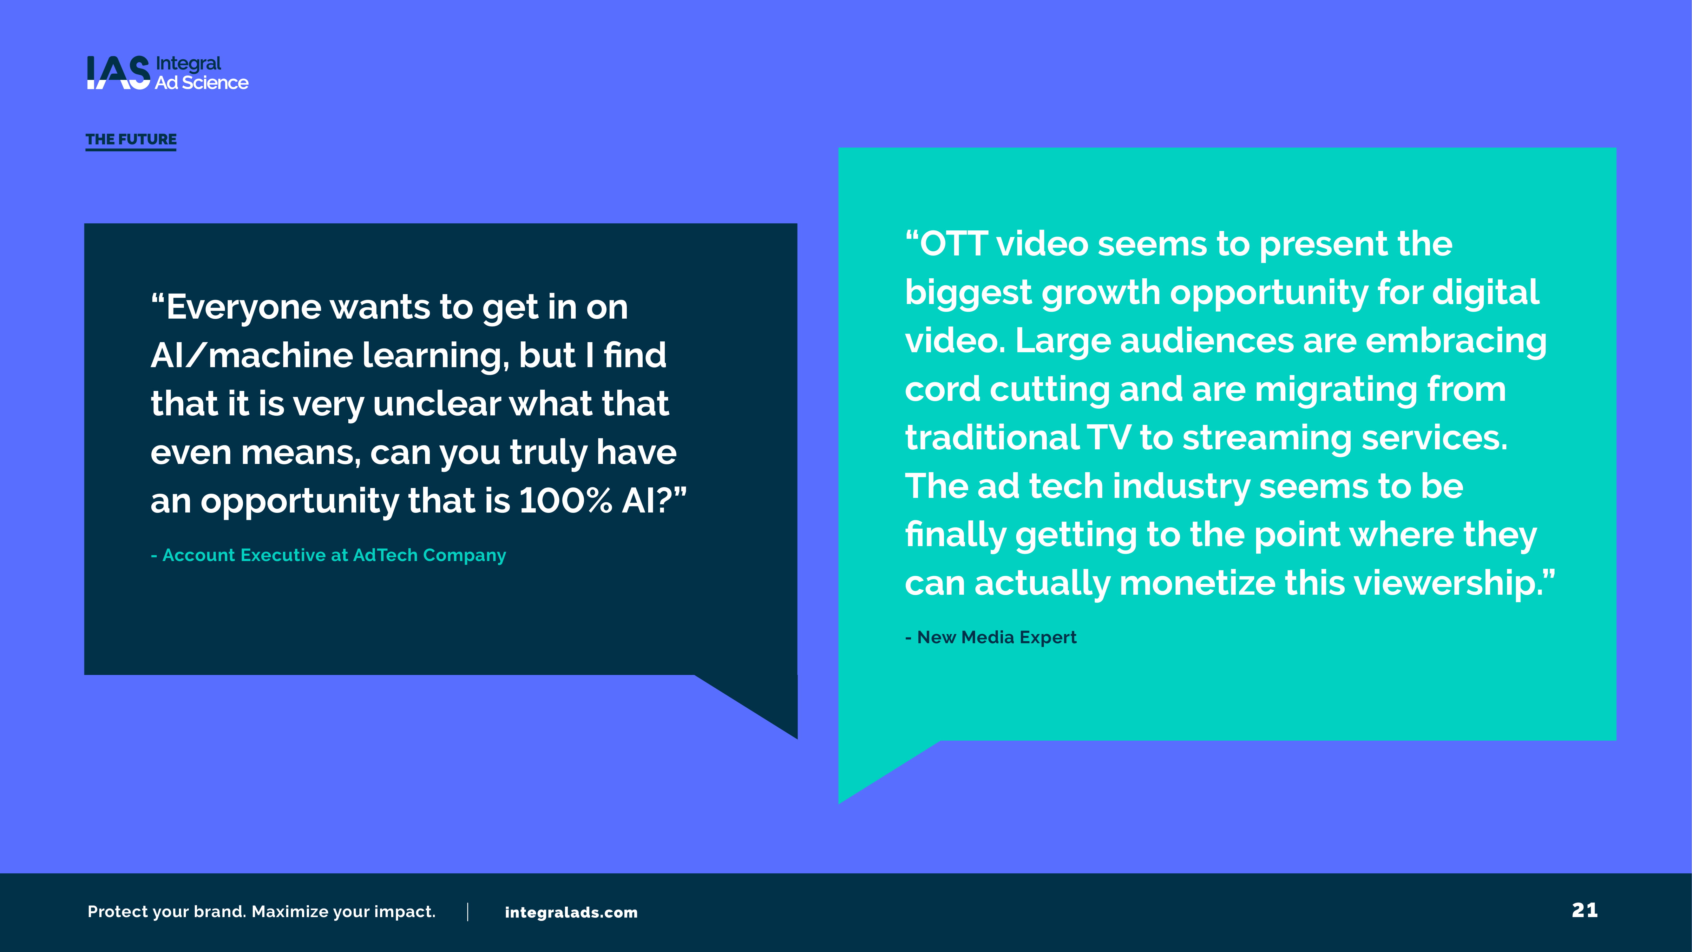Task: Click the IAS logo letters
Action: click(x=118, y=72)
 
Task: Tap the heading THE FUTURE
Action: click(x=131, y=139)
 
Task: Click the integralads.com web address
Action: click(x=571, y=913)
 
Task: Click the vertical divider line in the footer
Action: click(x=468, y=912)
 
